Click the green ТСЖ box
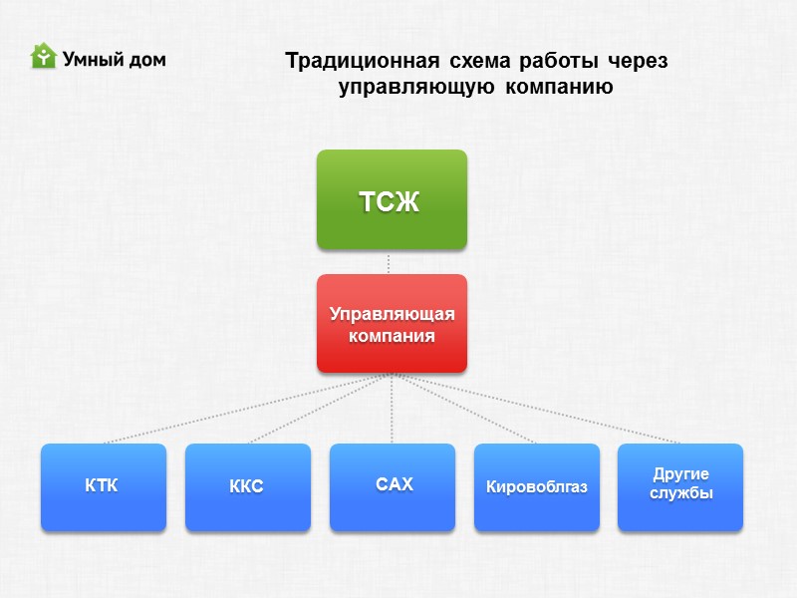pyautogui.click(x=392, y=199)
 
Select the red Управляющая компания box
pyautogui.click(x=392, y=324)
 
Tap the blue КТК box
pyautogui.click(x=103, y=486)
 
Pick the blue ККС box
pyautogui.click(x=247, y=486)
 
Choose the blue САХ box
pyautogui.click(x=392, y=486)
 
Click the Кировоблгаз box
pyautogui.click(x=536, y=486)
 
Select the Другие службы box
pyautogui.click(x=680, y=486)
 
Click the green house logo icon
pyautogui.click(x=43, y=57)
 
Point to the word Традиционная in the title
pyautogui.click(x=358, y=61)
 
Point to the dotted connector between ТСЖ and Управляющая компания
pyautogui.click(x=389, y=262)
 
